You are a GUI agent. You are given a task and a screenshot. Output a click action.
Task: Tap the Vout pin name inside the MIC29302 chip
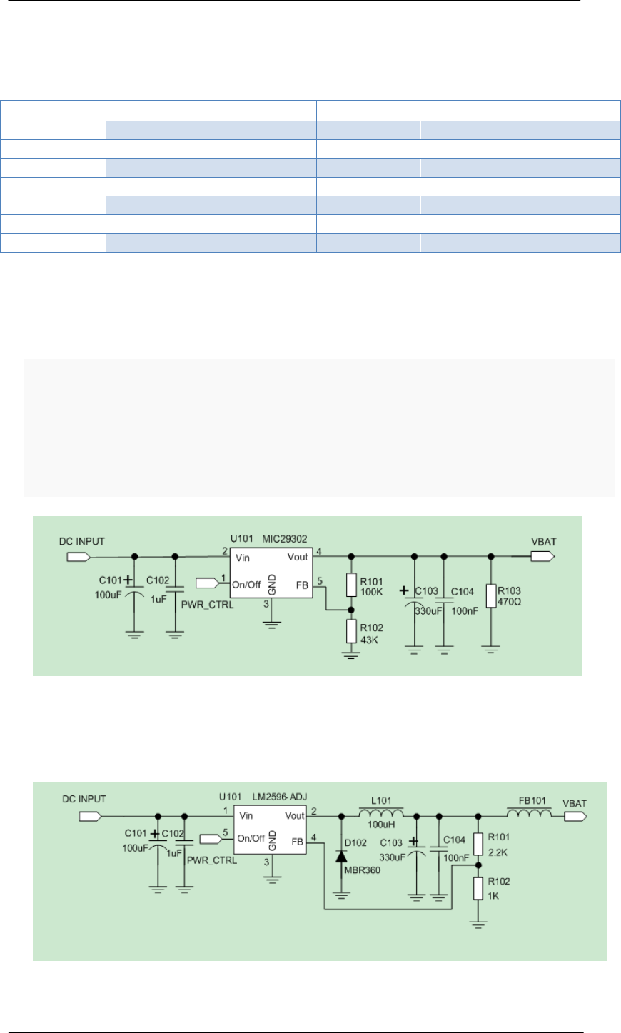tap(298, 557)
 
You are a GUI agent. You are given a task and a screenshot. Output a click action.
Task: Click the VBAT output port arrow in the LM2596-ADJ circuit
tap(575, 815)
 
